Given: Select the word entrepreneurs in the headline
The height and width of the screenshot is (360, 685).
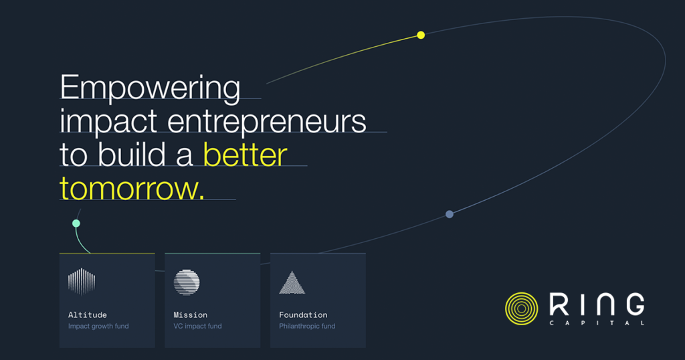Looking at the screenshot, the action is click(x=267, y=121).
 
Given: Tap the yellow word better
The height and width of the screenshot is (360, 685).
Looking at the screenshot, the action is click(x=245, y=155).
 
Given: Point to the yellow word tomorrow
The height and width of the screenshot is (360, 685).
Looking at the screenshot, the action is click(x=132, y=189).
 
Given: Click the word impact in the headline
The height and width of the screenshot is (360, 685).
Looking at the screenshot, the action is click(x=108, y=121).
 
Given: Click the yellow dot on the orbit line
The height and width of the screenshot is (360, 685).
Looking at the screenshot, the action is click(x=421, y=35).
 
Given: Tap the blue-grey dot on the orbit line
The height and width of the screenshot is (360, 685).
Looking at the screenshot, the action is click(x=449, y=214).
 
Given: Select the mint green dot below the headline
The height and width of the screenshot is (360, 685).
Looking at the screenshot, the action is click(x=76, y=223).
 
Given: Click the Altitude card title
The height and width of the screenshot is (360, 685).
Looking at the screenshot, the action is click(x=88, y=314).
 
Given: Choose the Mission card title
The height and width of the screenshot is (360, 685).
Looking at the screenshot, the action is click(x=191, y=314).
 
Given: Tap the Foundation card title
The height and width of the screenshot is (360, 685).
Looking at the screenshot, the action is click(x=303, y=314).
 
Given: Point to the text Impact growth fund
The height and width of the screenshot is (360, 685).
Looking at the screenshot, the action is click(x=98, y=326).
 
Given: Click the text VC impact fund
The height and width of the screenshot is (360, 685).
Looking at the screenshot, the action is click(x=197, y=326).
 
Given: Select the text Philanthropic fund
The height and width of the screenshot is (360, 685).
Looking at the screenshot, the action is click(x=307, y=326).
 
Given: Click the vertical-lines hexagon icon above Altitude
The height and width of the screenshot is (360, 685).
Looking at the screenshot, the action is click(x=82, y=282).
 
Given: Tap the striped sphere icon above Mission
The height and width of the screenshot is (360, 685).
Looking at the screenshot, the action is click(x=187, y=282).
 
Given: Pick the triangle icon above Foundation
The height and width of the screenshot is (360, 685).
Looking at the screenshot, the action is click(x=292, y=282).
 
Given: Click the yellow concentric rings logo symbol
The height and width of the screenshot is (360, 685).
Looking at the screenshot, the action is click(x=522, y=308).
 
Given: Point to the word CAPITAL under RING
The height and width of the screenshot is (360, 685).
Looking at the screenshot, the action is click(x=597, y=323).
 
